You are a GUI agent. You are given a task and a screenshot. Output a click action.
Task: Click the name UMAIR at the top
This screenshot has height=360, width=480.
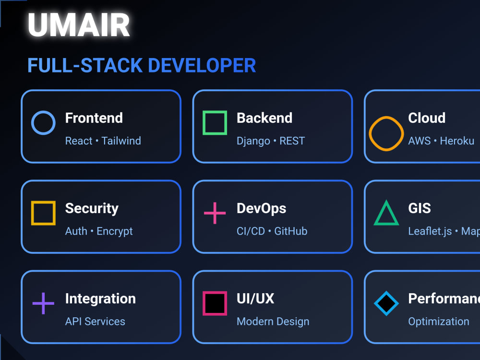pyautogui.click(x=79, y=25)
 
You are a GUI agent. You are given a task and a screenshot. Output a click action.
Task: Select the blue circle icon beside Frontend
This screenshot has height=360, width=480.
pyautogui.click(x=43, y=122)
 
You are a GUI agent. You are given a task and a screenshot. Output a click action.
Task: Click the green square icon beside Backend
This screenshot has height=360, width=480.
pyautogui.click(x=215, y=122)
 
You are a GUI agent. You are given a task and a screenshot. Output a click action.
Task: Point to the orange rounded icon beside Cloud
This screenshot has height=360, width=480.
pyautogui.click(x=386, y=133)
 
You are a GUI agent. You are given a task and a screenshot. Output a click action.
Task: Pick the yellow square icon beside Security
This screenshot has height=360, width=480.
pyautogui.click(x=43, y=213)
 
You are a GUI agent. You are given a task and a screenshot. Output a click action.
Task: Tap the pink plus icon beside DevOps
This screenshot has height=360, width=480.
pyautogui.click(x=215, y=213)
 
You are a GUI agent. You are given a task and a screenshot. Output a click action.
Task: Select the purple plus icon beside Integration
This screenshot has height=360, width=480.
pyautogui.click(x=43, y=303)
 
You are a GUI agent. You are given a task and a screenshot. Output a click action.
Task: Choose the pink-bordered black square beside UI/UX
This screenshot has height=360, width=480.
pyautogui.click(x=215, y=303)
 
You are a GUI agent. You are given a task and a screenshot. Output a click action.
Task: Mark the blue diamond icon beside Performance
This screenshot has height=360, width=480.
pyautogui.click(x=386, y=303)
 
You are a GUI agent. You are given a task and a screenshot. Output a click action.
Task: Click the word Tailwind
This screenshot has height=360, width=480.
pyautogui.click(x=121, y=141)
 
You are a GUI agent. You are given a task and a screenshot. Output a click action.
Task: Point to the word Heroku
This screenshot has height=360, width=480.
pyautogui.click(x=457, y=141)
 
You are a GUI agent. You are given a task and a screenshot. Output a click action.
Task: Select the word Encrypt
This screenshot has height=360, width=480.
pyautogui.click(x=115, y=231)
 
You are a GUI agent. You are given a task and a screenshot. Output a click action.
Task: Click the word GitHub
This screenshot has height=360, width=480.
pyautogui.click(x=291, y=231)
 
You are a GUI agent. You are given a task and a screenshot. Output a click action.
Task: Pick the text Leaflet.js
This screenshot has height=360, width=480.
pyautogui.click(x=430, y=231)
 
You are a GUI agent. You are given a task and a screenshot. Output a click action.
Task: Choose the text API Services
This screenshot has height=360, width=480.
pyautogui.click(x=95, y=322)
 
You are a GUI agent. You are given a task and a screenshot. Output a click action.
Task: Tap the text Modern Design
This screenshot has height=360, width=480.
pyautogui.click(x=273, y=322)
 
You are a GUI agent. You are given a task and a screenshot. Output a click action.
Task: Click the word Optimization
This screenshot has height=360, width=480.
pyautogui.click(x=439, y=322)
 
